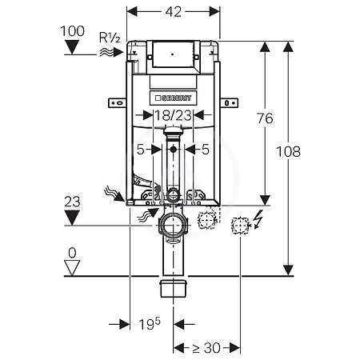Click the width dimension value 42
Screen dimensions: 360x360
pyautogui.click(x=174, y=12)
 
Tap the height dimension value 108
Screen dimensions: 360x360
pyautogui.click(x=288, y=152)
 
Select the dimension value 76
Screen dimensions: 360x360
pyautogui.click(x=265, y=118)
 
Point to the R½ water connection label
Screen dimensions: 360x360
pyautogui.click(x=110, y=38)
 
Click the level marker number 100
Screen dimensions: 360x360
pyautogui.click(x=73, y=31)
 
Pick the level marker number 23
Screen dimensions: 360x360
pyautogui.click(x=72, y=202)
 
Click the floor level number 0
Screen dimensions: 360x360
pyautogui.click(x=72, y=253)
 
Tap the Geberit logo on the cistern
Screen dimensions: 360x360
pyautogui.click(x=174, y=98)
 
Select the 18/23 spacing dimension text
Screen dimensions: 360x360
pyautogui.click(x=174, y=116)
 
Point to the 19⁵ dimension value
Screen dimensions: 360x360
pyautogui.click(x=150, y=324)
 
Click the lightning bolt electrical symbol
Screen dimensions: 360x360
pyautogui.click(x=258, y=219)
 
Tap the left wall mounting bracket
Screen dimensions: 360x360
pyautogui.click(x=117, y=102)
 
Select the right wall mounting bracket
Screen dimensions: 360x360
pyautogui.click(x=229, y=102)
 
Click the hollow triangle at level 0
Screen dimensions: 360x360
pyautogui.click(x=72, y=268)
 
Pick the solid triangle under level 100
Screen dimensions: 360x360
pyautogui.click(x=73, y=47)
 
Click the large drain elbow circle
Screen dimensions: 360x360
pyautogui.click(x=174, y=225)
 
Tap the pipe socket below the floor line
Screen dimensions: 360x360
pyautogui.click(x=174, y=288)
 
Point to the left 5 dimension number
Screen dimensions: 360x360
pyautogui.click(x=140, y=150)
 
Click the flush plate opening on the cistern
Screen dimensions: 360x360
pyautogui.click(x=173, y=54)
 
